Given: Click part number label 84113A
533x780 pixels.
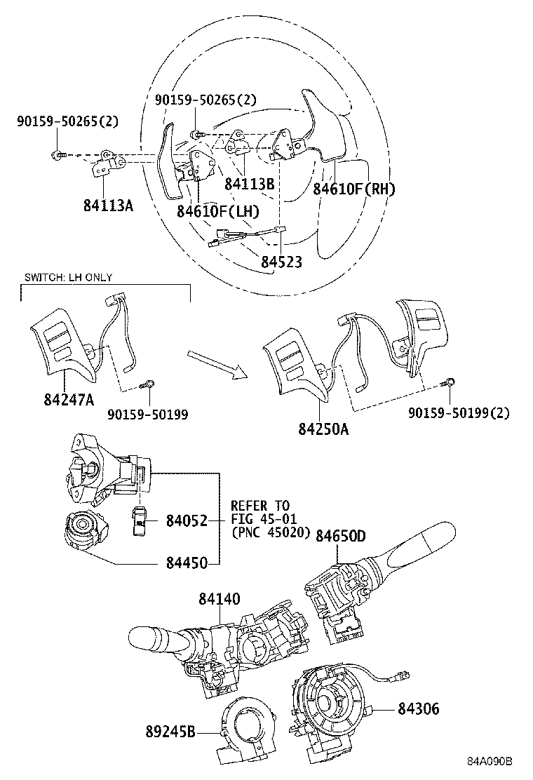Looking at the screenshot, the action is click(109, 206).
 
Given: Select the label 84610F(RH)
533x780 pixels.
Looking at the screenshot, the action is click(354, 189).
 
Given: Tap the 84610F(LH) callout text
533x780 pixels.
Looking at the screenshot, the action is click(218, 211).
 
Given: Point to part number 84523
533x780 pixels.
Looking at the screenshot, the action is click(281, 262).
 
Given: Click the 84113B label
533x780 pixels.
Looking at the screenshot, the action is click(250, 184).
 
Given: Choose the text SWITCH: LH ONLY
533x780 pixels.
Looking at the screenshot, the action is click(69, 278).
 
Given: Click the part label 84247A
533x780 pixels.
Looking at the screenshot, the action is click(69, 399).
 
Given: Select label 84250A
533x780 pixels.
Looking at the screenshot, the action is click(323, 429).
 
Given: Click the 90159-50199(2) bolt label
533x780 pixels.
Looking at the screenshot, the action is click(459, 413).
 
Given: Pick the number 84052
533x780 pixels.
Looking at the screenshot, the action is click(187, 521).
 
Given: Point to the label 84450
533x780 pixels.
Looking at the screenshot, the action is click(187, 563).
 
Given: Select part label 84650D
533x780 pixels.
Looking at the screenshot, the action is click(341, 535).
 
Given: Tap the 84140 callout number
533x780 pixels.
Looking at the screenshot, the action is click(220, 598).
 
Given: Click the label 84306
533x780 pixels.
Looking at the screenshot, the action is click(419, 708).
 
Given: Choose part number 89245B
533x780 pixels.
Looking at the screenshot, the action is click(170, 732).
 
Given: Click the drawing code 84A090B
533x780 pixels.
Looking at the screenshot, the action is click(490, 762).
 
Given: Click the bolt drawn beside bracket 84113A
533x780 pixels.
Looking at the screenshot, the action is click(58, 155).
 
